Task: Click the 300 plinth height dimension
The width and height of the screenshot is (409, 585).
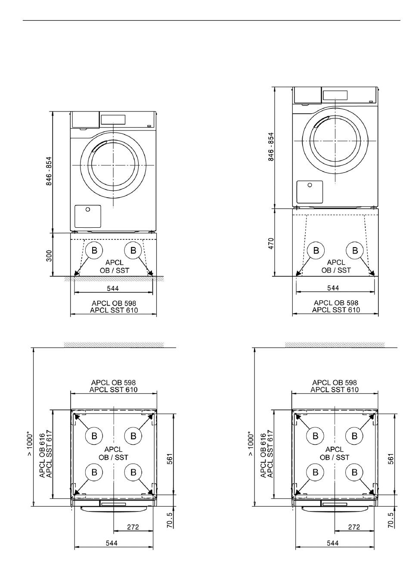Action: point(49,256)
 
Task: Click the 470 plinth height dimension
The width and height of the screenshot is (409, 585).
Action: point(271,243)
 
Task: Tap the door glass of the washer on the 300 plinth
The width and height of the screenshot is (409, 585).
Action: point(113,165)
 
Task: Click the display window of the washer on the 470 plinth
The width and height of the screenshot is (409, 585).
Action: point(335,95)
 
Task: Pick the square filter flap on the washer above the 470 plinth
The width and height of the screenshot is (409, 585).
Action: point(310,192)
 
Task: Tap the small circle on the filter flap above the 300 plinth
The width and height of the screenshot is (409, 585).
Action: point(88,210)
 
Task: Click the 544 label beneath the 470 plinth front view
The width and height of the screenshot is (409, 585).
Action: point(333,288)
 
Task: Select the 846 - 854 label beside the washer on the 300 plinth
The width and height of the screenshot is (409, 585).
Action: point(49,171)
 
